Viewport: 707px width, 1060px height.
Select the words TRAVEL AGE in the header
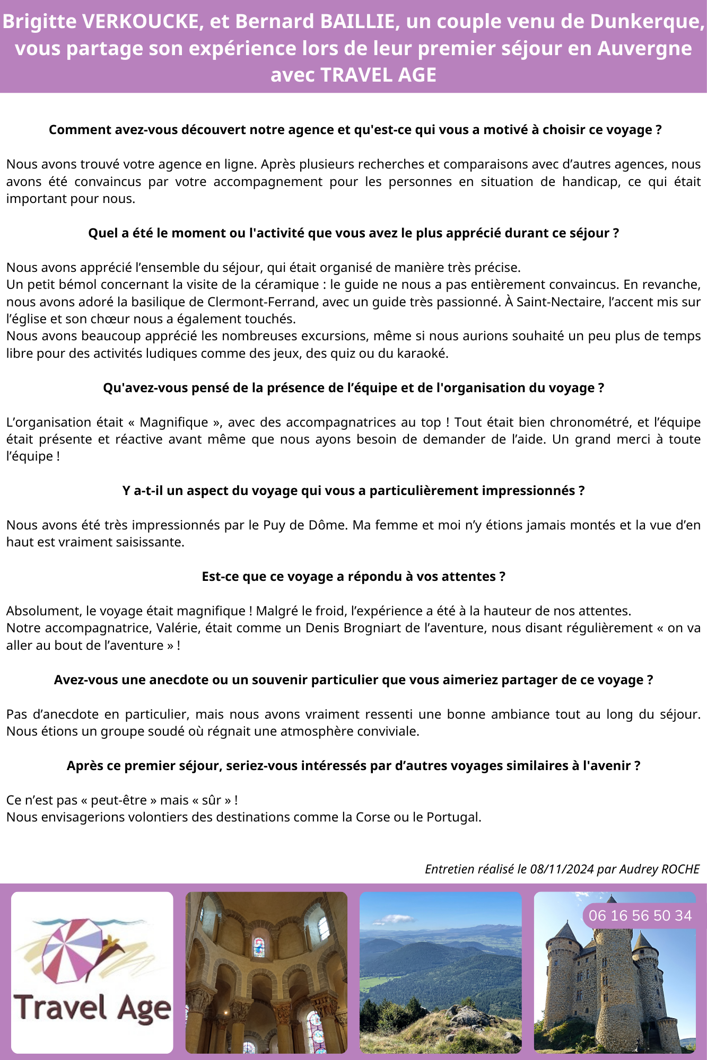(x=378, y=75)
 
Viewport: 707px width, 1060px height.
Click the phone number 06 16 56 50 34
(x=640, y=915)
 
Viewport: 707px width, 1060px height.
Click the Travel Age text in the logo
(x=92, y=1007)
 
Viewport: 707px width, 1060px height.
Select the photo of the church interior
(x=266, y=973)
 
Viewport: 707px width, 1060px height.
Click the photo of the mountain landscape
(x=440, y=973)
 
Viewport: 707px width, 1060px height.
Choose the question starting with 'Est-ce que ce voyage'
(x=353, y=577)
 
